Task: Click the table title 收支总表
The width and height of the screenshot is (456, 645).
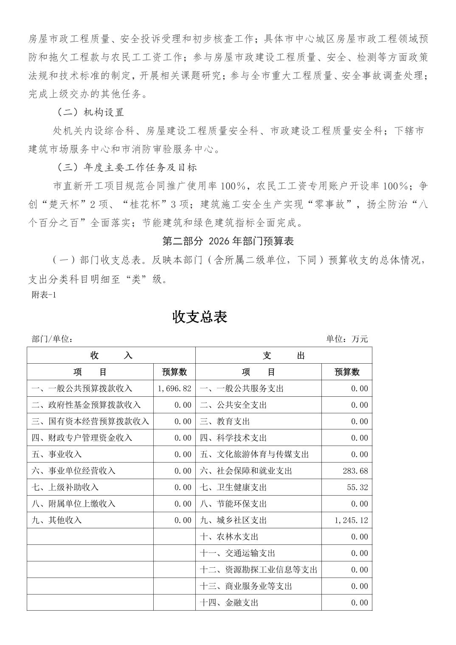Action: click(x=200, y=317)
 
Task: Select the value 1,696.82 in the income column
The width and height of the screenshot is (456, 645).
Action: click(x=174, y=388)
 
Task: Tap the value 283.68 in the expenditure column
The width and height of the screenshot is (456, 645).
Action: click(x=355, y=471)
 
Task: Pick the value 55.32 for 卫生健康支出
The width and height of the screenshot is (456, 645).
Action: click(x=357, y=487)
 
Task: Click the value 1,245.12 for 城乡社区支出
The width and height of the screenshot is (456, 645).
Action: click(x=351, y=520)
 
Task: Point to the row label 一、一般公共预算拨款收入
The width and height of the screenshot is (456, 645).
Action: click(x=82, y=388)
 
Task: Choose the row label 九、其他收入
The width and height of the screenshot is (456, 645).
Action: click(x=56, y=520)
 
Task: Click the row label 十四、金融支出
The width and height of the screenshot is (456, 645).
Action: click(x=229, y=603)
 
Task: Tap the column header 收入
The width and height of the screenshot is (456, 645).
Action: click(x=111, y=356)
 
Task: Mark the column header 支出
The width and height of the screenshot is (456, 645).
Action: click(x=284, y=356)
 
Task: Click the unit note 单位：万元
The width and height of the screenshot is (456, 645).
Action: click(x=347, y=339)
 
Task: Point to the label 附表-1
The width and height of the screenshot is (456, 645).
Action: click(x=44, y=295)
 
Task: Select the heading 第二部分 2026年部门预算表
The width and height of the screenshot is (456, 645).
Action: click(x=228, y=241)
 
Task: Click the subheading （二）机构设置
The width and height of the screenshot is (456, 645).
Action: click(x=90, y=112)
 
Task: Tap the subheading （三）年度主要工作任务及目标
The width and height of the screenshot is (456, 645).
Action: click(x=127, y=167)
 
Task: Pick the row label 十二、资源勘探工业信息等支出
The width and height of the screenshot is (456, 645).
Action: click(x=259, y=569)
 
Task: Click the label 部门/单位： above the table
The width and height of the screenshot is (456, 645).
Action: click(x=52, y=339)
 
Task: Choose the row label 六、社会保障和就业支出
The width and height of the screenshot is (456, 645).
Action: click(x=246, y=471)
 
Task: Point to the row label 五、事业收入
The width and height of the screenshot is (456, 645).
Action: click(x=56, y=454)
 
